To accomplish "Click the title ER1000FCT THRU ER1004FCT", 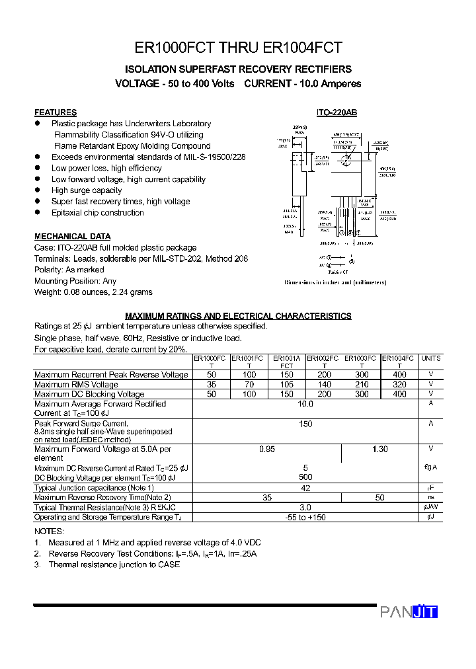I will [x=238, y=48].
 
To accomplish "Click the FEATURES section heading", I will [x=56, y=112].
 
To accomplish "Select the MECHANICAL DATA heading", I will [x=73, y=236].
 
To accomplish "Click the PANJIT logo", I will [x=409, y=612].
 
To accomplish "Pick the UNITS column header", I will [x=430, y=358].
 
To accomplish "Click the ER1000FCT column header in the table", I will [x=211, y=361].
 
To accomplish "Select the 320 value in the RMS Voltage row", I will [x=399, y=384].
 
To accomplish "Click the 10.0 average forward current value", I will [x=305, y=403].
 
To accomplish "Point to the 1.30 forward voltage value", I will [x=379, y=450].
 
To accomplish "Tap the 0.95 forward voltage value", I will [x=267, y=450].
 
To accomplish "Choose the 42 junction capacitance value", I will [x=305, y=488].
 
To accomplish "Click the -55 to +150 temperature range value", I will [x=305, y=517].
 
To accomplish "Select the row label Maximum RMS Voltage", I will [x=76, y=384].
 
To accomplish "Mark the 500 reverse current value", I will [x=305, y=477].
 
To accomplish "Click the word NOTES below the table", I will [x=49, y=531].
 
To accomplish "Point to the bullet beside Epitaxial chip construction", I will [x=38, y=212].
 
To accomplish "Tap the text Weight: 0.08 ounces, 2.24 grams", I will [x=93, y=292].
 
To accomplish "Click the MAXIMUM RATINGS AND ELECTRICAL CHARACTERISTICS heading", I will [x=238, y=316].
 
